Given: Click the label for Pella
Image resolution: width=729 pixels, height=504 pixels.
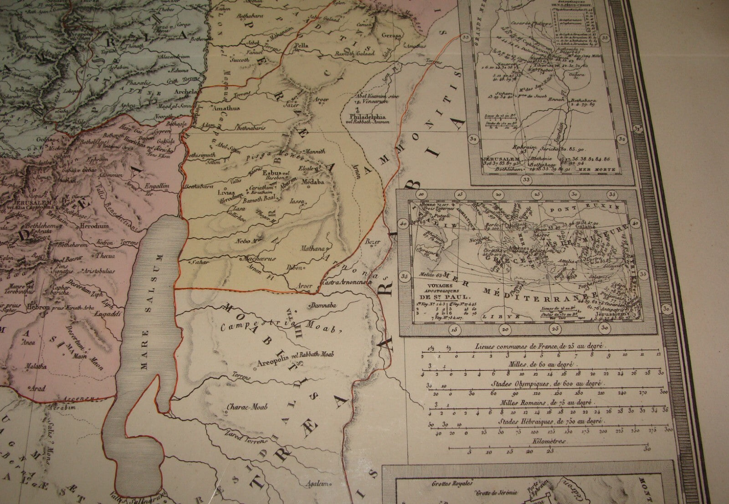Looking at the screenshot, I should tap(301, 46).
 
